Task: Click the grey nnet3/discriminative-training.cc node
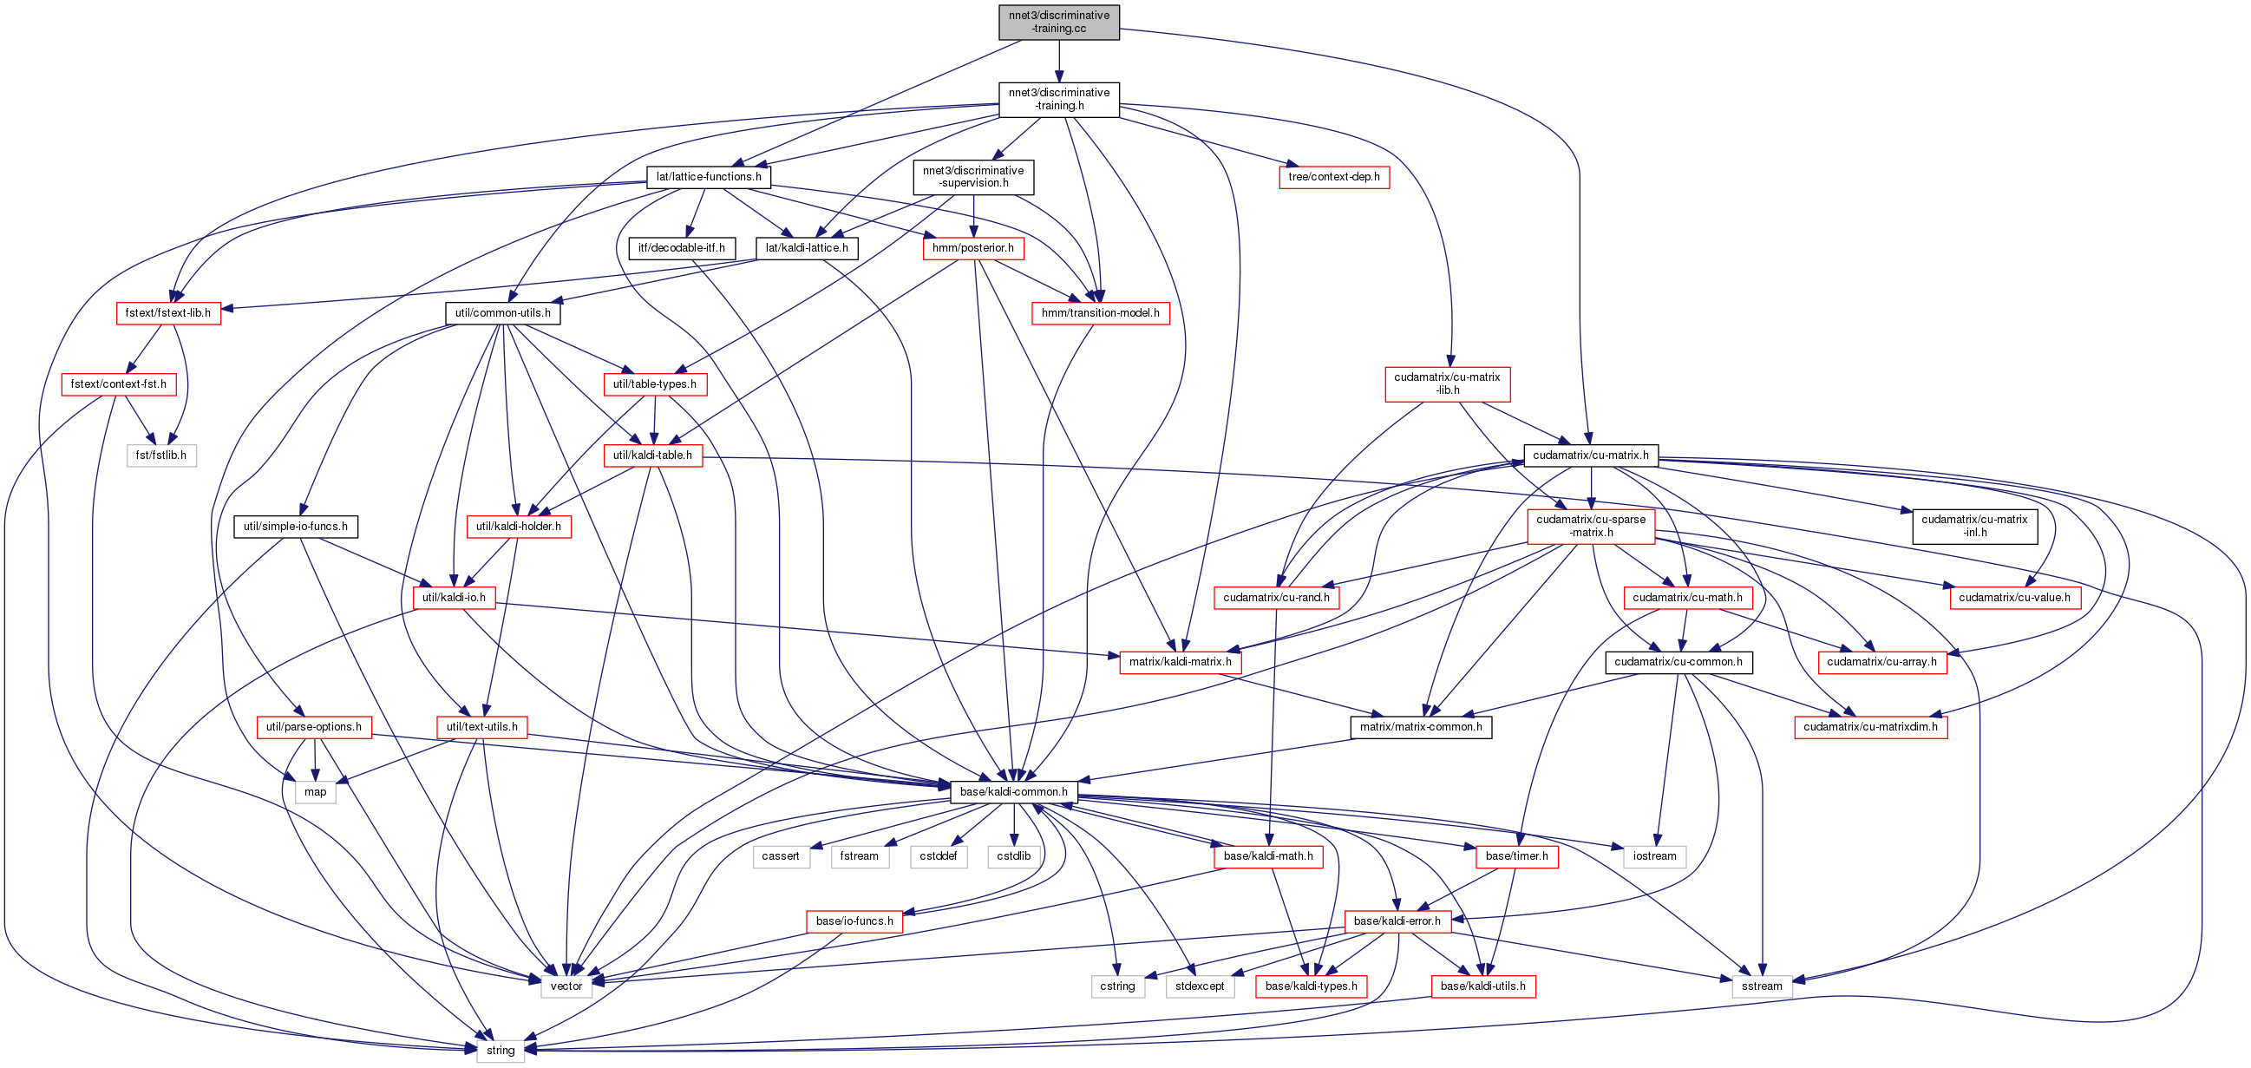pos(1058,22)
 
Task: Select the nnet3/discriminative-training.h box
pos(1058,99)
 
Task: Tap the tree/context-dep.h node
pos(1333,176)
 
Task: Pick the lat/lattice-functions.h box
pos(708,176)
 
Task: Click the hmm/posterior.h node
pos(972,248)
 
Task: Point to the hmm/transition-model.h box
pos(1100,313)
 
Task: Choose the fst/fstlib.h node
pos(160,455)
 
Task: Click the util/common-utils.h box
pos(502,313)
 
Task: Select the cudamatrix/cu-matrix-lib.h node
pos(1446,383)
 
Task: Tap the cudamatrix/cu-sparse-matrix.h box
pos(1590,526)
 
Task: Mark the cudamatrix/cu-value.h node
pos(2014,598)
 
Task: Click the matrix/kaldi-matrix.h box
pos(1180,663)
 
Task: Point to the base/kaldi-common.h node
pos(1014,792)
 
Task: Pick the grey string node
pos(501,1051)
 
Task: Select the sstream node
pos(1762,986)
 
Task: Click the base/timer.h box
pos(1516,856)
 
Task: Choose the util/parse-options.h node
pos(314,727)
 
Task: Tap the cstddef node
pos(939,856)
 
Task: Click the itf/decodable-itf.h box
pos(682,248)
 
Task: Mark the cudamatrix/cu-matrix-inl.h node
pos(1974,526)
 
